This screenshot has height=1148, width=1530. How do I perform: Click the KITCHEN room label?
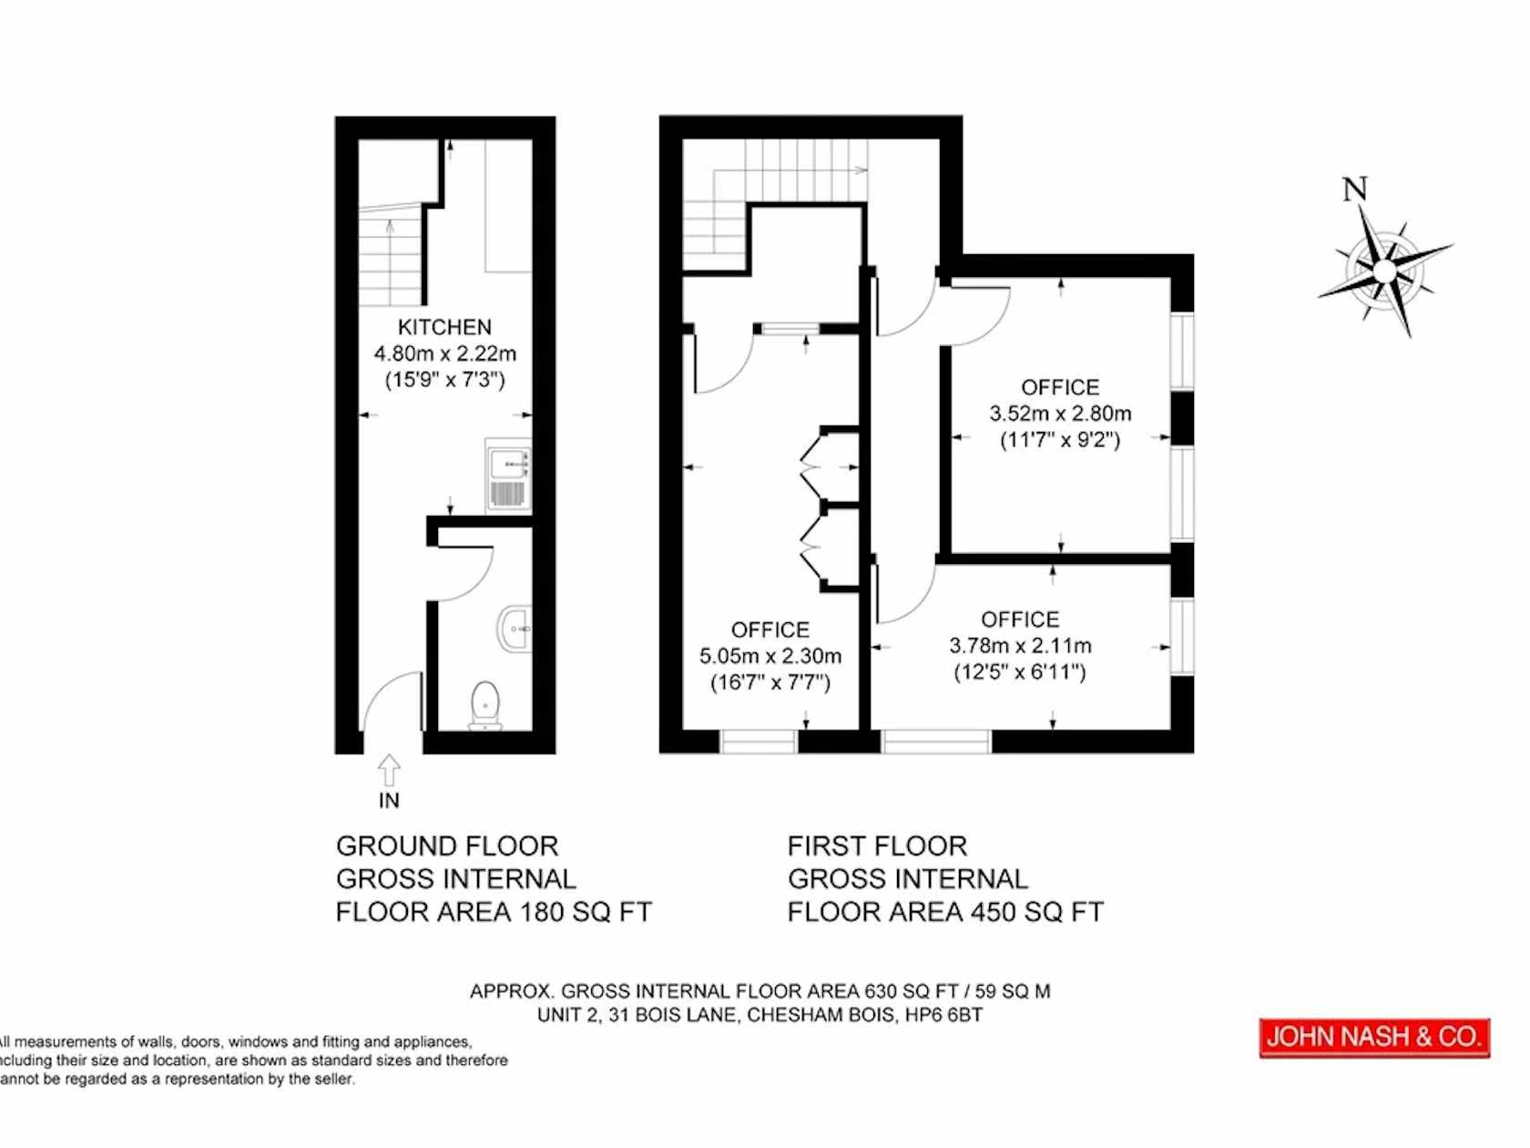coord(444,327)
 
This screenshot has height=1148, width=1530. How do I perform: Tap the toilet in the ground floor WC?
coord(485,704)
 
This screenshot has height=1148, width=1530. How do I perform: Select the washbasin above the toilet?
coord(515,628)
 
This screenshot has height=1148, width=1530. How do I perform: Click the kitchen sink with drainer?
coord(508,474)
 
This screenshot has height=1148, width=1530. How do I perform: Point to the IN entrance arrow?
coord(389,772)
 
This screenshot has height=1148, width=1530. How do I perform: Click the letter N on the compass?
coord(1355,189)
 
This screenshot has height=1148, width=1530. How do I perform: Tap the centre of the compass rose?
coord(1385,272)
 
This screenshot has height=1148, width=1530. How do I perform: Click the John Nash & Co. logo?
coord(1374,1037)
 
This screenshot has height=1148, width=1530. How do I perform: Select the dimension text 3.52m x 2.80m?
coord(1060,414)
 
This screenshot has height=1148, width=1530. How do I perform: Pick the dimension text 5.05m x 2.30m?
coord(770,656)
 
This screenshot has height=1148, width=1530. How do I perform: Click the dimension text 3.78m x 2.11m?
coord(1021,645)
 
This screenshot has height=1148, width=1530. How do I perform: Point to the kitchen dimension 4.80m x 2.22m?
coord(444,354)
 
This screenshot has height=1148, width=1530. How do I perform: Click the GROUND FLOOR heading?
coord(447,846)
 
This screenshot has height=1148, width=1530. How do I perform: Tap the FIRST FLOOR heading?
coord(878,846)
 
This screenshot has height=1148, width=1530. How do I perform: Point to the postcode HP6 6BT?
coord(943,1015)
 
